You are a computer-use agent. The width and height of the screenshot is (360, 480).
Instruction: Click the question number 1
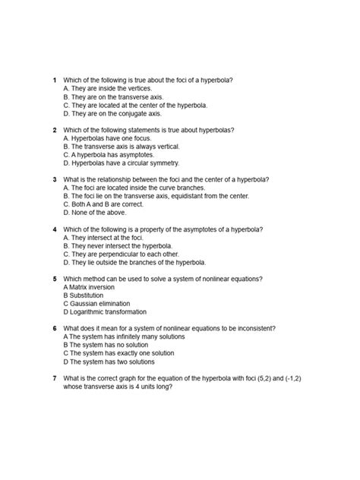(54, 80)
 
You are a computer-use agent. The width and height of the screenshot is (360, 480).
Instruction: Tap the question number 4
(54, 229)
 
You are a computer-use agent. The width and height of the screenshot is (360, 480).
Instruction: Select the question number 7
(54, 377)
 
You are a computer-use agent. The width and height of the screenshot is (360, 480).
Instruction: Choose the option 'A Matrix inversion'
(95, 286)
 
